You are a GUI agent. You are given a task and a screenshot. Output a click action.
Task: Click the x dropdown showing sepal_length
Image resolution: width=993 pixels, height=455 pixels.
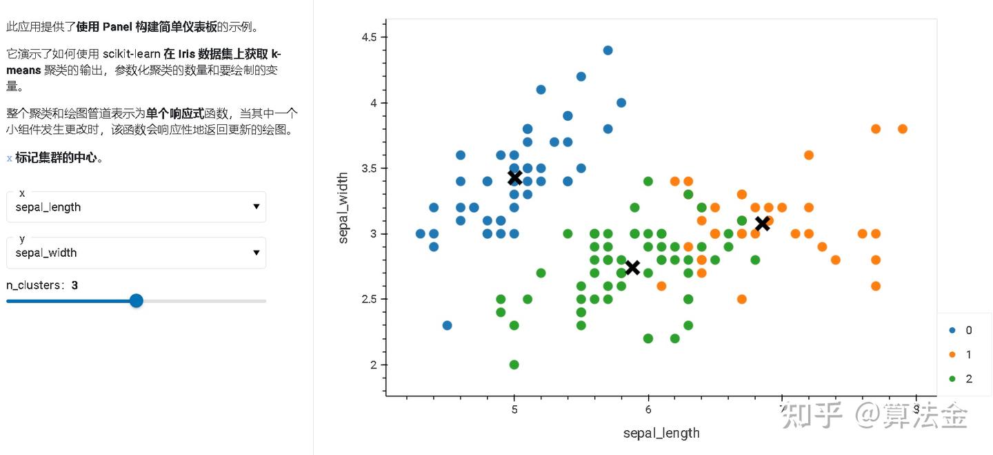pos(136,206)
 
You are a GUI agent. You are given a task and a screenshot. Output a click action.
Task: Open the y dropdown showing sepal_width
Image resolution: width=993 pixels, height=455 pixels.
pos(136,253)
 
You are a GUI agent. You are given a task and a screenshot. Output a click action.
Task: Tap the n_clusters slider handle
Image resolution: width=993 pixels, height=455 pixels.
pos(137,300)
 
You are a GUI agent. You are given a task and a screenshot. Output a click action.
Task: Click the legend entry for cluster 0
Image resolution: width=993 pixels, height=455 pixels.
pos(961,330)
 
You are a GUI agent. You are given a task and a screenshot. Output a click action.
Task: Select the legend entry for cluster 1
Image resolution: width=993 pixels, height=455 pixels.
pos(961,354)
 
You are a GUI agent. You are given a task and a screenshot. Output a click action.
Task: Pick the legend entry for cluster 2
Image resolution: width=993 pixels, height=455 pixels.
pos(961,378)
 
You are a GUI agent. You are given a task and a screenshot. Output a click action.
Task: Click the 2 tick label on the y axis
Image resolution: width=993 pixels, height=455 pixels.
pos(373,365)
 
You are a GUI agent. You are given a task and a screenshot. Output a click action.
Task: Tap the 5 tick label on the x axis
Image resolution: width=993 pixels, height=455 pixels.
pos(514,409)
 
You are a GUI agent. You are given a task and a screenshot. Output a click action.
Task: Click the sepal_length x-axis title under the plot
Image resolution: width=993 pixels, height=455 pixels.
pos(661,433)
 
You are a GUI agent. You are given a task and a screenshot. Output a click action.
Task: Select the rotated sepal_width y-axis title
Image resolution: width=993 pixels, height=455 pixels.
pos(343,208)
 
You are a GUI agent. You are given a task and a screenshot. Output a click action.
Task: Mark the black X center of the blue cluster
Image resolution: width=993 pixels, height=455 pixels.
pos(514,177)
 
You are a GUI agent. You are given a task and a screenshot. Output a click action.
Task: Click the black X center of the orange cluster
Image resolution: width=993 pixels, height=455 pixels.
pos(762,223)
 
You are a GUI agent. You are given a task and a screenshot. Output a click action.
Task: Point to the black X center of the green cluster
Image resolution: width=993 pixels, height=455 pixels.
pos(632,267)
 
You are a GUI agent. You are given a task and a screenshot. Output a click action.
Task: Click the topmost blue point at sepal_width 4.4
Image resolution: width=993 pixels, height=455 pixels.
pos(608,50)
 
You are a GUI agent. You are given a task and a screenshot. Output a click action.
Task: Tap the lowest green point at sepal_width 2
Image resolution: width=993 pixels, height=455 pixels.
pos(514,365)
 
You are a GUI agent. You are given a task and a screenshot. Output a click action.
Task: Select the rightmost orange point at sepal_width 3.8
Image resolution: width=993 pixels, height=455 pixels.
pos(903,129)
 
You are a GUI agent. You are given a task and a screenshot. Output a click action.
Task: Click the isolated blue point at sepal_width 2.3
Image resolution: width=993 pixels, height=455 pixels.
pos(447,325)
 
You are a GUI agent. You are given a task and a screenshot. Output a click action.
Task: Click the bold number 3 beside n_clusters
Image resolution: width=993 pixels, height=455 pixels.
pos(74,285)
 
